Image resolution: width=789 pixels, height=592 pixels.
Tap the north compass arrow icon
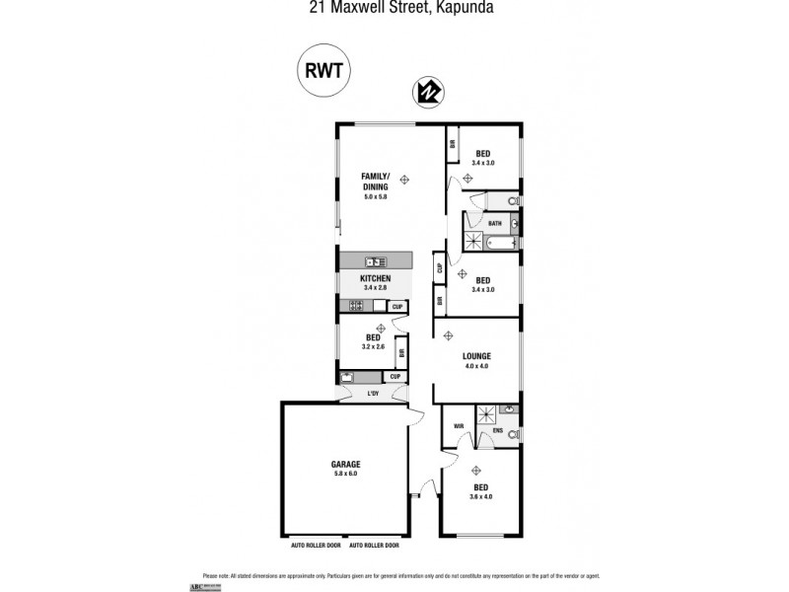click(427, 92)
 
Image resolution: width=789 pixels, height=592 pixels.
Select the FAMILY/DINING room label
click(375, 181)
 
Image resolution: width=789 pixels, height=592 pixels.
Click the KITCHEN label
click(375, 279)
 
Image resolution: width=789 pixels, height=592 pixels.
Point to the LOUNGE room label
click(476, 356)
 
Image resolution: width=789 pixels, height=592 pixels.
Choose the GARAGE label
click(345, 464)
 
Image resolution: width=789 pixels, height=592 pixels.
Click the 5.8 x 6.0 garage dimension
click(345, 474)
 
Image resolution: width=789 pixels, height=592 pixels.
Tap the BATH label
click(494, 223)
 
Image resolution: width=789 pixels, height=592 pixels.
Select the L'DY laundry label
click(373, 394)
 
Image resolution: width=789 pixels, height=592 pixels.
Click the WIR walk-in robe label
click(459, 426)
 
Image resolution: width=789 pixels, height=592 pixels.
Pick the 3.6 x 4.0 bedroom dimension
click(481, 496)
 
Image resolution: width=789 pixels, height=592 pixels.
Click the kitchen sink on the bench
click(376, 261)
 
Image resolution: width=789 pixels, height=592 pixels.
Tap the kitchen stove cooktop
click(356, 306)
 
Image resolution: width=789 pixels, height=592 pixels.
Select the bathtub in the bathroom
click(500, 242)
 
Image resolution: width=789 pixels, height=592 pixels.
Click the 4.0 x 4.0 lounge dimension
click(476, 366)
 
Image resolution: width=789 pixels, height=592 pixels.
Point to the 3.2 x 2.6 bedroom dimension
click(374, 346)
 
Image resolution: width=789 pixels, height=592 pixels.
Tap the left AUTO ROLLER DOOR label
click(315, 545)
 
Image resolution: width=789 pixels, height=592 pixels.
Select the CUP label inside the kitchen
click(397, 307)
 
